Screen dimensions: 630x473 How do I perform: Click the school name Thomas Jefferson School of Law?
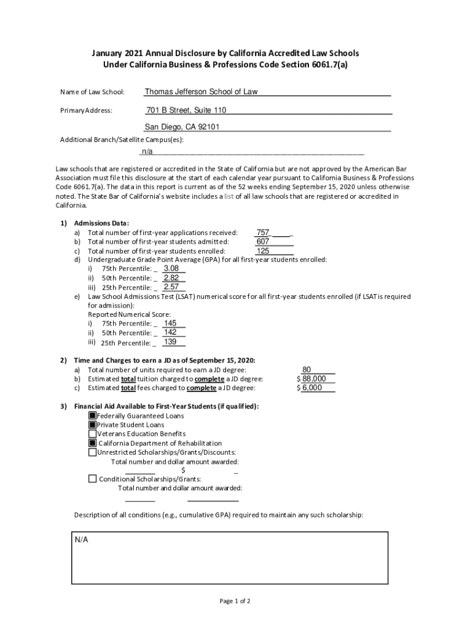click(x=201, y=92)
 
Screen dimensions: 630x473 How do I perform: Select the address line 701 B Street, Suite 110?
click(x=186, y=110)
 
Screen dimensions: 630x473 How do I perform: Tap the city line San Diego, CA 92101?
click(x=182, y=127)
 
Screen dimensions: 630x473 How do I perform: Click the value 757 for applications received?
click(x=263, y=233)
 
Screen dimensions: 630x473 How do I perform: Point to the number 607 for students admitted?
click(x=263, y=242)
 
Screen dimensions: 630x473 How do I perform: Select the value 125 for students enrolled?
click(x=263, y=251)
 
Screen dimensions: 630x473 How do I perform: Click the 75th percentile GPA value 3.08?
click(x=171, y=268)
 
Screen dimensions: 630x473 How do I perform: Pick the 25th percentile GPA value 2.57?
click(x=171, y=287)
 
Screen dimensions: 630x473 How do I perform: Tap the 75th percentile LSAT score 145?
click(x=171, y=323)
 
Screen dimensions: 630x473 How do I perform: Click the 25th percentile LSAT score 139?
click(x=171, y=342)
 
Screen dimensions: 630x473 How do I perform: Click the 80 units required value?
click(x=315, y=370)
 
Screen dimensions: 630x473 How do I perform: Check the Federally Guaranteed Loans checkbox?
click(x=93, y=416)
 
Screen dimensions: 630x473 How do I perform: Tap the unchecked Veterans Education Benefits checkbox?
click(x=93, y=434)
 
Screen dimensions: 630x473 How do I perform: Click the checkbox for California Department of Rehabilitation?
click(x=93, y=443)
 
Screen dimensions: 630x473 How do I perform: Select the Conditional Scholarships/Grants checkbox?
click(x=93, y=479)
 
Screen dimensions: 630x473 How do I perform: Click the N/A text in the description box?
click(x=82, y=540)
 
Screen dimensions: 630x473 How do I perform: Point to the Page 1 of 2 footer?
click(x=235, y=601)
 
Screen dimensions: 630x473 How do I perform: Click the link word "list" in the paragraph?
click(x=230, y=196)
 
